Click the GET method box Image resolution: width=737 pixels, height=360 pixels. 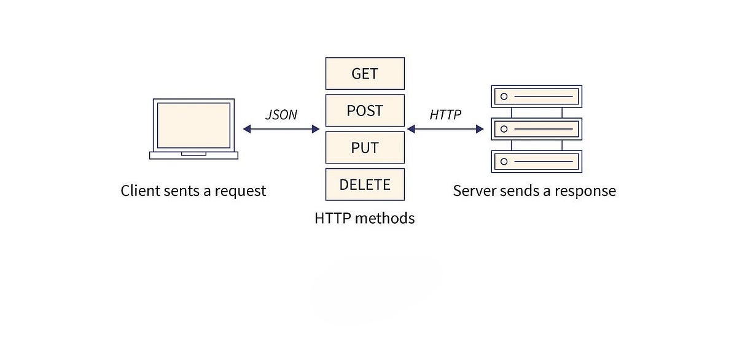[365, 74]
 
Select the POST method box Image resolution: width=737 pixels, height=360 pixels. [365, 111]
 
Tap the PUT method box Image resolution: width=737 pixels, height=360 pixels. [365, 147]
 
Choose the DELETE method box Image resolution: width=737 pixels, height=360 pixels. [365, 184]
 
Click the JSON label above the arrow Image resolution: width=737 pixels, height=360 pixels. [281, 115]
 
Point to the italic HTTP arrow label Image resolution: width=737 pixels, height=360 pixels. [445, 115]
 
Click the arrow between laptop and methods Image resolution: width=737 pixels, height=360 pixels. [281, 129]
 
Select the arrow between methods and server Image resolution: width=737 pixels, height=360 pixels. [445, 129]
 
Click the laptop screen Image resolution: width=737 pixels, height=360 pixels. [193, 125]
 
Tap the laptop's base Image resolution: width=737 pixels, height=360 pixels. [193, 155]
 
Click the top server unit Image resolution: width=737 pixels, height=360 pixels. [537, 96]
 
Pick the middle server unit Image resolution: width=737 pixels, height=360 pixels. [537, 129]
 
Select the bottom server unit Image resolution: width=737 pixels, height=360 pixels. [537, 162]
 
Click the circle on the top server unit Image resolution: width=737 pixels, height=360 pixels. [504, 96]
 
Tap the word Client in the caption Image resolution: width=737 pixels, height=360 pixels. [139, 190]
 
